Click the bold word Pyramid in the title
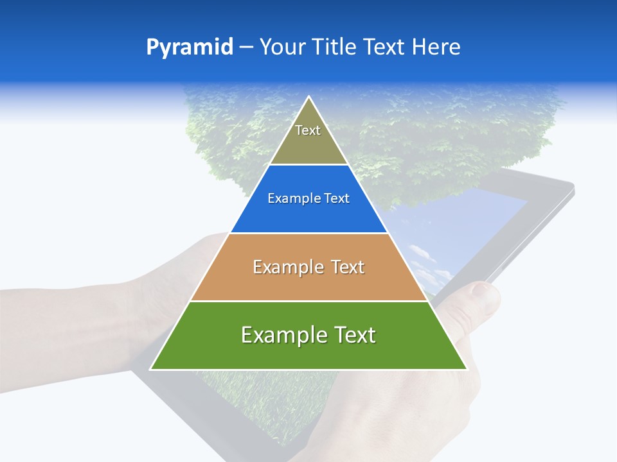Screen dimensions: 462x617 [x=190, y=47]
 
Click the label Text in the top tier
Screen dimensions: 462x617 [x=308, y=130]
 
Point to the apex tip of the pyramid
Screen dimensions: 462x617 [x=308, y=98]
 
